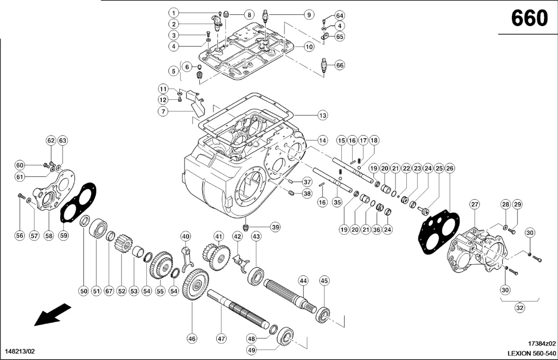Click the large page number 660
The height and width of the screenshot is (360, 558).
(x=529, y=18)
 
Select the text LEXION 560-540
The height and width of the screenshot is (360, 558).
(x=531, y=353)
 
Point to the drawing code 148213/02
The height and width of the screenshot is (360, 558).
(x=20, y=351)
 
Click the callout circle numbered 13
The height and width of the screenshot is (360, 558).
(x=322, y=115)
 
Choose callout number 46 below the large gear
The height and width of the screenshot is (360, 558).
(x=192, y=338)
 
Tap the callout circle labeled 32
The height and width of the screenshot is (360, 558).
(x=520, y=308)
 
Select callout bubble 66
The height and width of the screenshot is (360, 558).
(x=340, y=65)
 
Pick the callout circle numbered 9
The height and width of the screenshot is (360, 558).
(x=308, y=15)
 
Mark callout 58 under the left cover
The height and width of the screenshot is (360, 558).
(x=48, y=236)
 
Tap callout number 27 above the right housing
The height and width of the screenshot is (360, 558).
(x=475, y=204)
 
